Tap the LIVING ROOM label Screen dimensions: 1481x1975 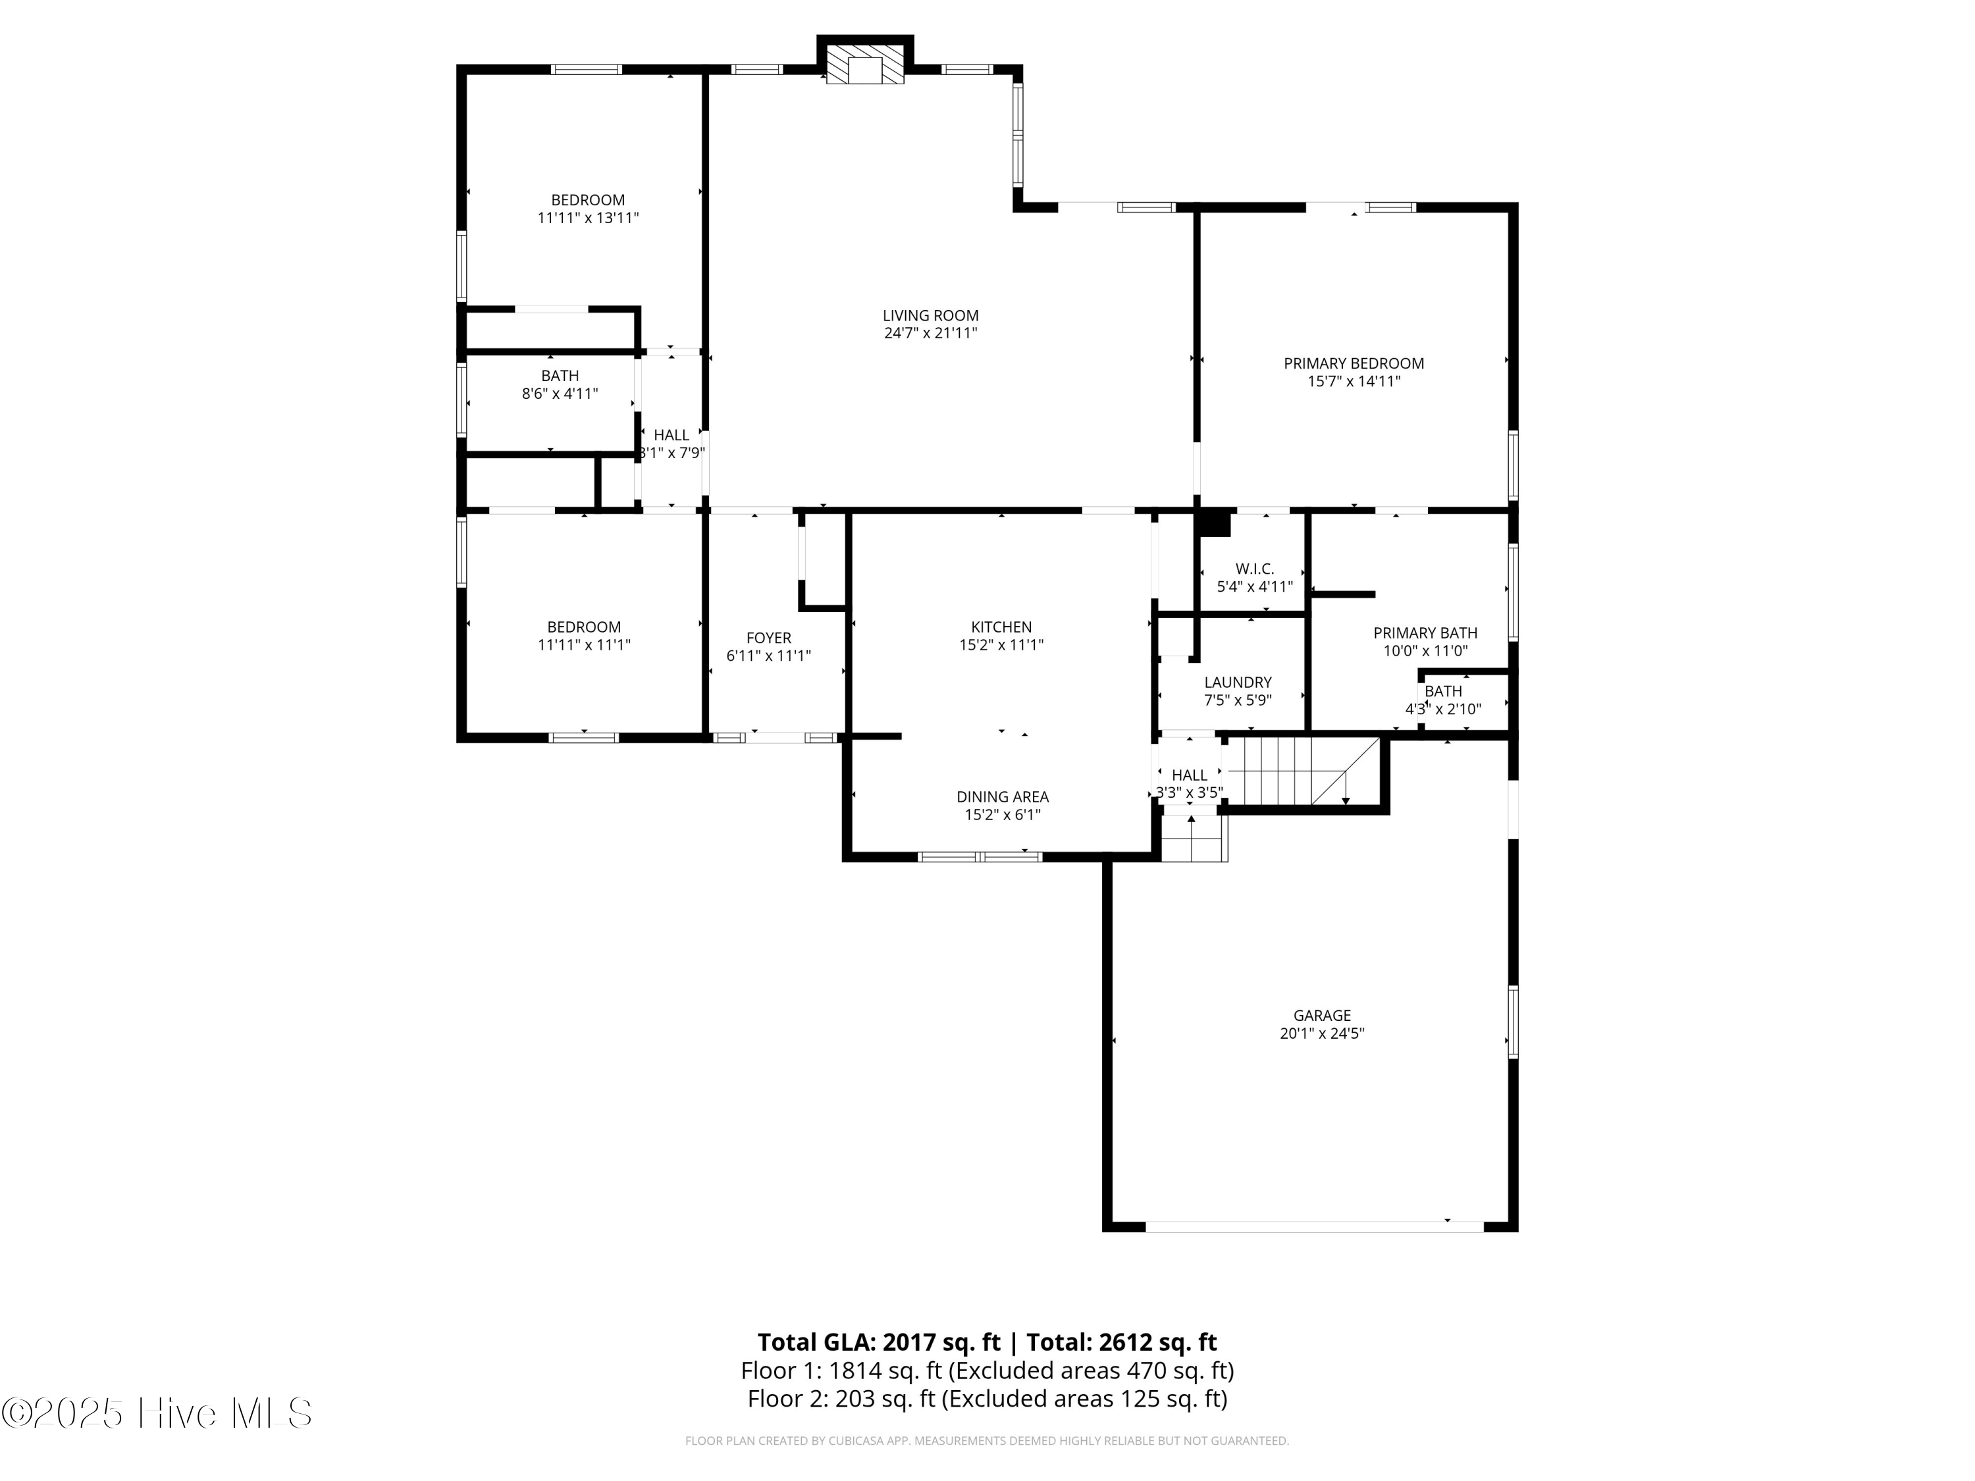point(930,316)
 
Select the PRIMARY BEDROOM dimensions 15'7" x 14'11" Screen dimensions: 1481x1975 point(1354,382)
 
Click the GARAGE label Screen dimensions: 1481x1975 point(1321,1016)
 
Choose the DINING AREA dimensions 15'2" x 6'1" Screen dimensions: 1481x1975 point(1002,815)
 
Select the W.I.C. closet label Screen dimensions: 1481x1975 point(1255,569)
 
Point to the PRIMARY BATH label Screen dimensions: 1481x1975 point(1425,634)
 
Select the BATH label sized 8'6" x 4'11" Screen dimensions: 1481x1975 point(560,377)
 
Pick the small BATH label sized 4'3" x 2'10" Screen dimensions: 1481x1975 point(1443,692)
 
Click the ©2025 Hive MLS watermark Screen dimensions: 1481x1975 point(156,1413)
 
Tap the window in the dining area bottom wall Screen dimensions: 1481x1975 point(980,857)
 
